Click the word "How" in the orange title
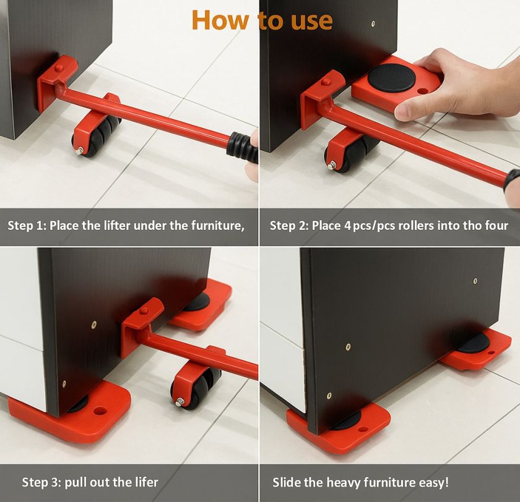[x=220, y=20]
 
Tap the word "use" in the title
[x=312, y=22]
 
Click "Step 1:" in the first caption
[x=27, y=226]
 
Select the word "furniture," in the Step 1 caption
[x=217, y=226]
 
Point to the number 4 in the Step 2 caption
[x=347, y=226]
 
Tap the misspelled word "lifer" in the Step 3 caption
[x=147, y=482]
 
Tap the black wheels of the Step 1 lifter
[x=100, y=134]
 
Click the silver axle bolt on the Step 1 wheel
[x=79, y=151]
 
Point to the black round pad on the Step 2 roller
[x=391, y=78]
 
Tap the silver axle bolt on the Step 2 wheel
[x=331, y=165]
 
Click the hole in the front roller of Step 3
[x=100, y=411]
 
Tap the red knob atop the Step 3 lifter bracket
[x=144, y=310]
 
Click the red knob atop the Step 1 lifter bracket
[x=59, y=68]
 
